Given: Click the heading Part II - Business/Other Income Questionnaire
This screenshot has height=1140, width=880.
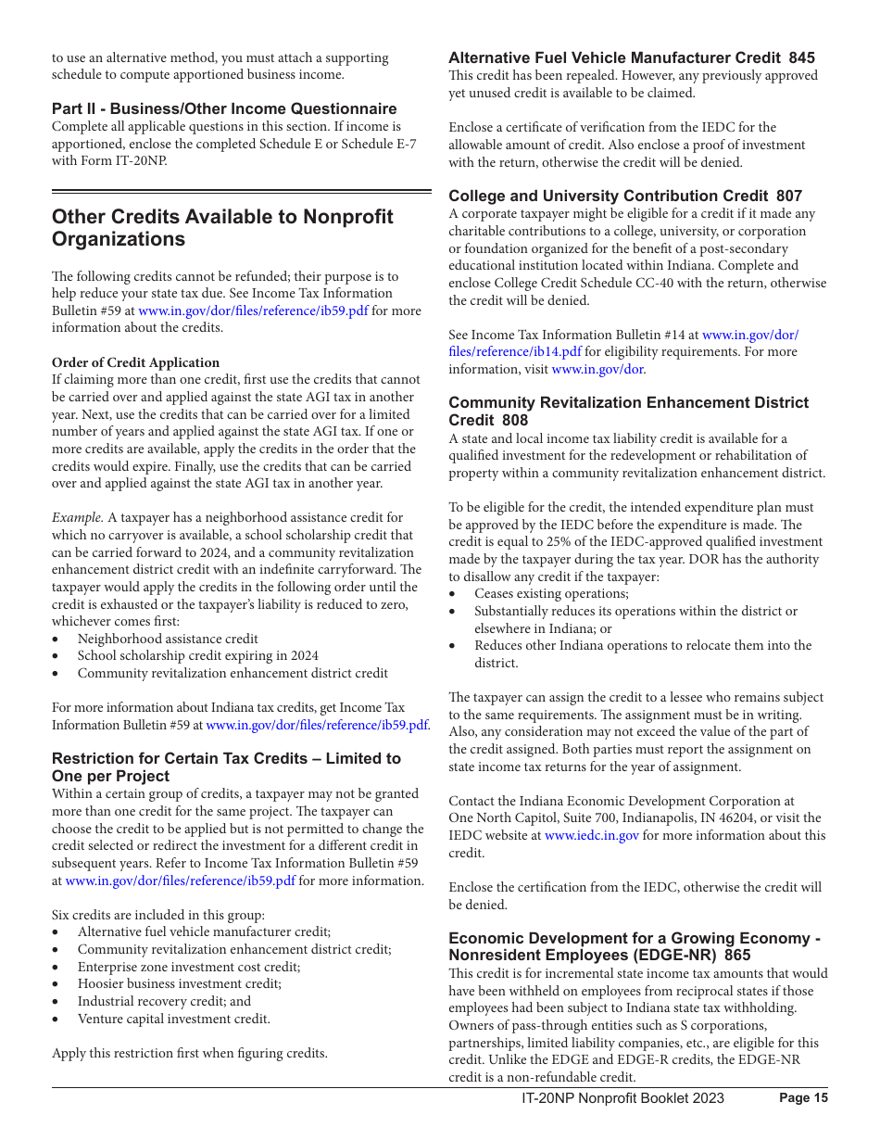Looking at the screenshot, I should click(224, 108).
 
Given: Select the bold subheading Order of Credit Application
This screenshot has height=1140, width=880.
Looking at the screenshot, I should click(135, 362).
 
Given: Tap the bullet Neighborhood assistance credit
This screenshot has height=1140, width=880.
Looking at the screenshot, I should click(168, 639).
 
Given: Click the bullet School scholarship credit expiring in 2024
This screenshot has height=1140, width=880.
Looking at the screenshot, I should click(197, 655).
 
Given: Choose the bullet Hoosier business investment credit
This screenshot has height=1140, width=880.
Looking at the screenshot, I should click(179, 983).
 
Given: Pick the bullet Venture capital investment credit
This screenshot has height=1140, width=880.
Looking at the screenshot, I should click(173, 1019).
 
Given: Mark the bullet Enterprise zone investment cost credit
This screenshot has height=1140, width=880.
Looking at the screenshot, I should click(188, 967).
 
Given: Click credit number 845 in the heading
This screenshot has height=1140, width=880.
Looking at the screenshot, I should click(801, 57).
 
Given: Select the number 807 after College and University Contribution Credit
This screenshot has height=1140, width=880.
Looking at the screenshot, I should click(788, 196).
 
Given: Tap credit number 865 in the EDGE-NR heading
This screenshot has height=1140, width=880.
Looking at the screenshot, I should click(737, 955).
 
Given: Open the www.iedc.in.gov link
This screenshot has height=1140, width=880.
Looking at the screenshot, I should click(591, 835).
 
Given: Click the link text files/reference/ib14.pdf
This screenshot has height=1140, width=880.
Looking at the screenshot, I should click(515, 351).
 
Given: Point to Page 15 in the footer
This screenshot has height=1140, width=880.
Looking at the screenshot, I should click(803, 1098).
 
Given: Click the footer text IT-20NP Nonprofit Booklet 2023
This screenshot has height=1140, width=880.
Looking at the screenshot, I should click(622, 1098).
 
